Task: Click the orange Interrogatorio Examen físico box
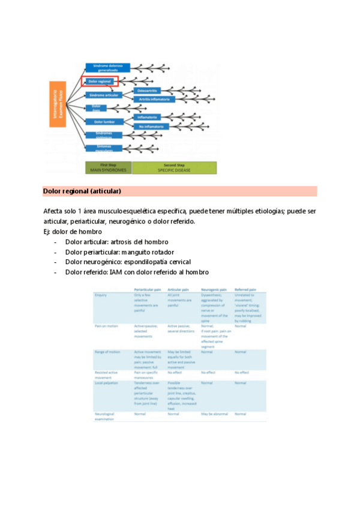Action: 57,104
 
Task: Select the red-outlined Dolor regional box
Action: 100,80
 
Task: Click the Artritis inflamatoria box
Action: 154,99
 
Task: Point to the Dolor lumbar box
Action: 104,122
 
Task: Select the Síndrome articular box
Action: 104,95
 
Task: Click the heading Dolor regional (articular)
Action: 82,191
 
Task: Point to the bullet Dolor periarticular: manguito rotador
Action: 119,252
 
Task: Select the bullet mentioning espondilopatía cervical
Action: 128,262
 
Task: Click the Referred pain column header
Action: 245,289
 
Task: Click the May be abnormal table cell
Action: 214,414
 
